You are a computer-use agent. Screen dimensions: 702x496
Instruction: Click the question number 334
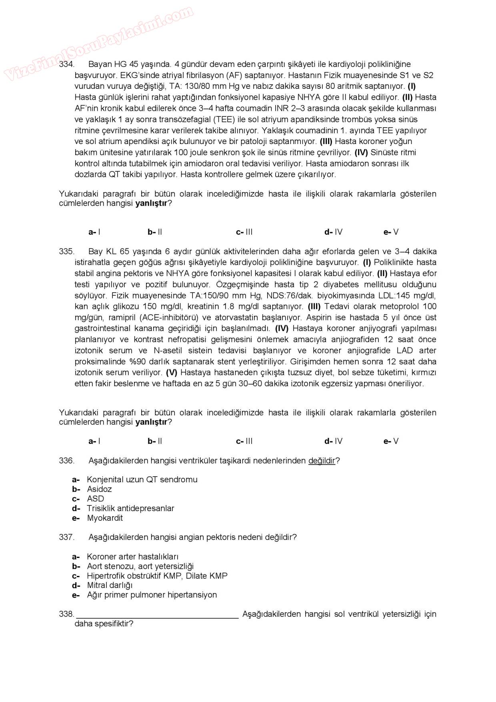click(x=66, y=64)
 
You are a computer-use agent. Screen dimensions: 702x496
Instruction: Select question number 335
click(x=66, y=251)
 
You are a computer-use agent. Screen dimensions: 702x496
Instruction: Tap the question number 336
click(x=66, y=460)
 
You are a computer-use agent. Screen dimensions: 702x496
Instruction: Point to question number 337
click(x=66, y=537)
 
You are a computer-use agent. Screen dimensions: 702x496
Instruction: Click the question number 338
click(x=66, y=614)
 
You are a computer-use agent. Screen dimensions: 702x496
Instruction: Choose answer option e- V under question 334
click(x=391, y=232)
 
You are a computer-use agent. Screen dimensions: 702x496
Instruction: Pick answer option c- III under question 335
click(x=244, y=441)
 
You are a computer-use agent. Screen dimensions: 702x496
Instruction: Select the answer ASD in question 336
click(x=95, y=499)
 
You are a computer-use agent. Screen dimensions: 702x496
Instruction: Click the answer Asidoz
click(x=99, y=489)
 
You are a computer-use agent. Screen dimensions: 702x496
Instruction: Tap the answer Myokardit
click(x=105, y=518)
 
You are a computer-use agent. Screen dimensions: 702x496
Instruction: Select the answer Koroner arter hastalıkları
click(x=132, y=556)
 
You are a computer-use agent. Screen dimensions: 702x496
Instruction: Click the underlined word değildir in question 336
click(x=322, y=460)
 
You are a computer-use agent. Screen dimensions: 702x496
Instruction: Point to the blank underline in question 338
click(x=158, y=617)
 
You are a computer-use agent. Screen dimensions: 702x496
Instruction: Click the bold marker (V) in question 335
click(x=172, y=372)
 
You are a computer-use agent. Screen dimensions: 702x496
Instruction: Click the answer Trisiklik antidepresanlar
click(x=130, y=508)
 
